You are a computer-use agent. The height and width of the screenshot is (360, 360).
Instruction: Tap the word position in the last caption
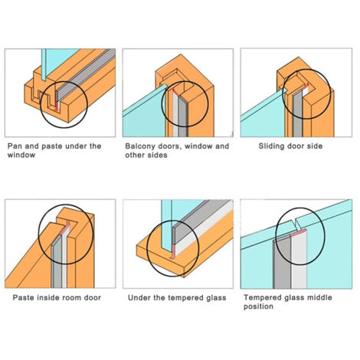pyautogui.click(x=258, y=306)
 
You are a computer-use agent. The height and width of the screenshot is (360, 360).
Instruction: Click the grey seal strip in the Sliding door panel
pyautogui.click(x=297, y=113)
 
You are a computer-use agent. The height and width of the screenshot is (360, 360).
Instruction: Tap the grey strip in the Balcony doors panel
pyautogui.click(x=183, y=116)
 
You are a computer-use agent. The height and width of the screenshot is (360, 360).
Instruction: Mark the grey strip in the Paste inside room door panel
pyautogui.click(x=57, y=263)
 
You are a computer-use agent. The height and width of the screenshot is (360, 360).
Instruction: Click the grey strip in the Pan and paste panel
pyautogui.click(x=86, y=74)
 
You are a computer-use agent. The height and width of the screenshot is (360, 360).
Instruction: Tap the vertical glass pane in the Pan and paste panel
pyautogui.click(x=44, y=65)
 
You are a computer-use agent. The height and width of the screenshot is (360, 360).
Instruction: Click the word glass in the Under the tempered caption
pyautogui.click(x=217, y=298)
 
